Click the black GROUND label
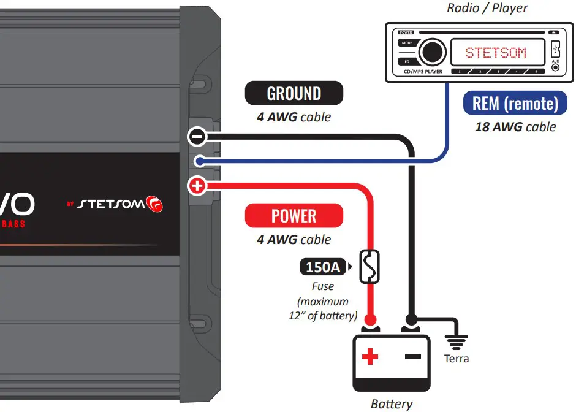[x=294, y=94]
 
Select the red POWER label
[x=294, y=216]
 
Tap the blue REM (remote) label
[x=515, y=104]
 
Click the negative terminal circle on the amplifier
[x=197, y=137]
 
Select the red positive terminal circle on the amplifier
[x=197, y=186]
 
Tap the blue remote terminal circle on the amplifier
[x=198, y=161]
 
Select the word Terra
[x=457, y=359]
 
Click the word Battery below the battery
[x=392, y=404]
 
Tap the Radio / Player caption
[x=487, y=8]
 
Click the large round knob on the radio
[x=432, y=52]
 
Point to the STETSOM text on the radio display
[x=495, y=53]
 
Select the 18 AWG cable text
[x=515, y=127]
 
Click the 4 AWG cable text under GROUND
[x=294, y=116]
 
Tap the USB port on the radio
[x=555, y=48]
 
